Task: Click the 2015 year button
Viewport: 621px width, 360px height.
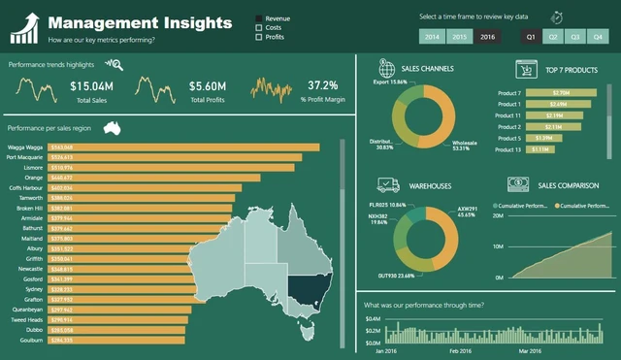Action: click(460, 37)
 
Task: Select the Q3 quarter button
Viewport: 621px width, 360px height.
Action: click(575, 37)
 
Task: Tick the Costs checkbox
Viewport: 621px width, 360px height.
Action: click(259, 28)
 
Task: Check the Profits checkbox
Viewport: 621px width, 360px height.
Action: click(259, 38)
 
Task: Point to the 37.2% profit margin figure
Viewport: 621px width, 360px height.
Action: click(322, 86)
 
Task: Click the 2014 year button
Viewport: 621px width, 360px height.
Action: click(432, 37)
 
